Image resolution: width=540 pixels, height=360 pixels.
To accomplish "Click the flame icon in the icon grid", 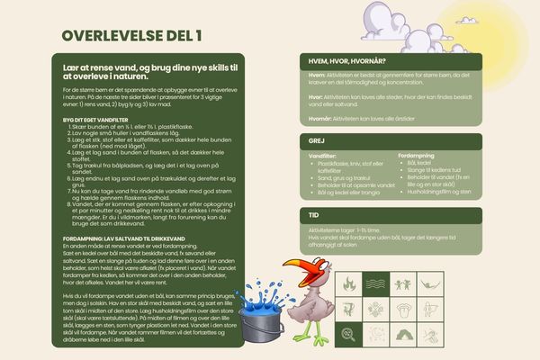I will [x=348, y=285].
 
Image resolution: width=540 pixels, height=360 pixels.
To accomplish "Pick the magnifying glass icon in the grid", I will [x=348, y=334].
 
